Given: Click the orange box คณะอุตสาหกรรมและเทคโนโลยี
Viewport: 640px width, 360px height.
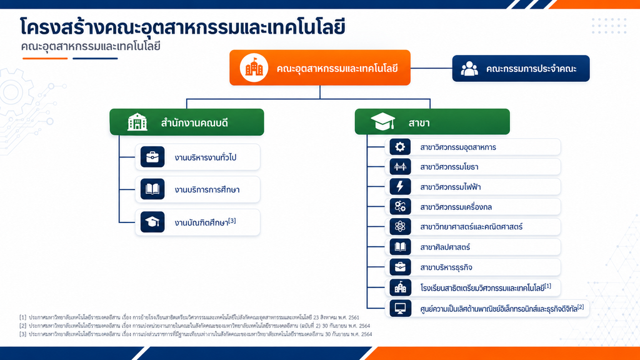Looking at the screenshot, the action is tap(319, 67).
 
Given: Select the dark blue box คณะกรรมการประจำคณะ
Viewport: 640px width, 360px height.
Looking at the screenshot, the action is tap(521, 68).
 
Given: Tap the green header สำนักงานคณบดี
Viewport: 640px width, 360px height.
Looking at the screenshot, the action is tap(186, 122).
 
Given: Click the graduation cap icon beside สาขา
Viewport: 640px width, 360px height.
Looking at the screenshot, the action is tap(382, 122).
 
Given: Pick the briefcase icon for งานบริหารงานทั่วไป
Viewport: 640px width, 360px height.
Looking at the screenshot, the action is tap(152, 157).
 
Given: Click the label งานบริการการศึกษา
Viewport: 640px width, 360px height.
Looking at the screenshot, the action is tap(207, 190).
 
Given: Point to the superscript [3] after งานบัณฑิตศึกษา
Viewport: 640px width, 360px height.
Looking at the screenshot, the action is tap(232, 221).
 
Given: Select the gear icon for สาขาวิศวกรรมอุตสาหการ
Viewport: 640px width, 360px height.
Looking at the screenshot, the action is tap(400, 147).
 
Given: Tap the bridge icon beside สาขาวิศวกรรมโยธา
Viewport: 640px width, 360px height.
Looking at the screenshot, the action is tap(400, 166).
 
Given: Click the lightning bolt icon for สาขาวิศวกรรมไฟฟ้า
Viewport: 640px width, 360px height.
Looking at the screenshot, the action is tap(400, 186).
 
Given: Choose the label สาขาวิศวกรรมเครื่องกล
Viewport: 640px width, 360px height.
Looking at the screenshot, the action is tap(456, 207).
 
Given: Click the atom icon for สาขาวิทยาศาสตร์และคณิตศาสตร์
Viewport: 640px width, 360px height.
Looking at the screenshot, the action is tap(400, 226).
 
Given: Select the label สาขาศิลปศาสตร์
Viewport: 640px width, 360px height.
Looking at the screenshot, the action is tap(445, 247).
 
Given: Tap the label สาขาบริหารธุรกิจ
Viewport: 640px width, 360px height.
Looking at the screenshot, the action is tap(446, 267).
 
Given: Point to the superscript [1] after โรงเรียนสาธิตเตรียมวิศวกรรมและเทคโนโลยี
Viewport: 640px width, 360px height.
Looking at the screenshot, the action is tap(547, 286).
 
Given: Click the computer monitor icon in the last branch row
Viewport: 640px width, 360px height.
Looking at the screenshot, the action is tap(400, 308).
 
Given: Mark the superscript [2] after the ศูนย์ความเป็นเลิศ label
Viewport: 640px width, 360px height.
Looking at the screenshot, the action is tap(581, 306).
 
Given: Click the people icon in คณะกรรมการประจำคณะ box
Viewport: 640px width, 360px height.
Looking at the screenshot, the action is tap(469, 69).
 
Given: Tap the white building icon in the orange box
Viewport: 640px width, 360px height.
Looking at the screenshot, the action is tap(254, 67).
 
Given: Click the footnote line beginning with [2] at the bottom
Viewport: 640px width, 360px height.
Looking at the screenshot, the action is tap(195, 326).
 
